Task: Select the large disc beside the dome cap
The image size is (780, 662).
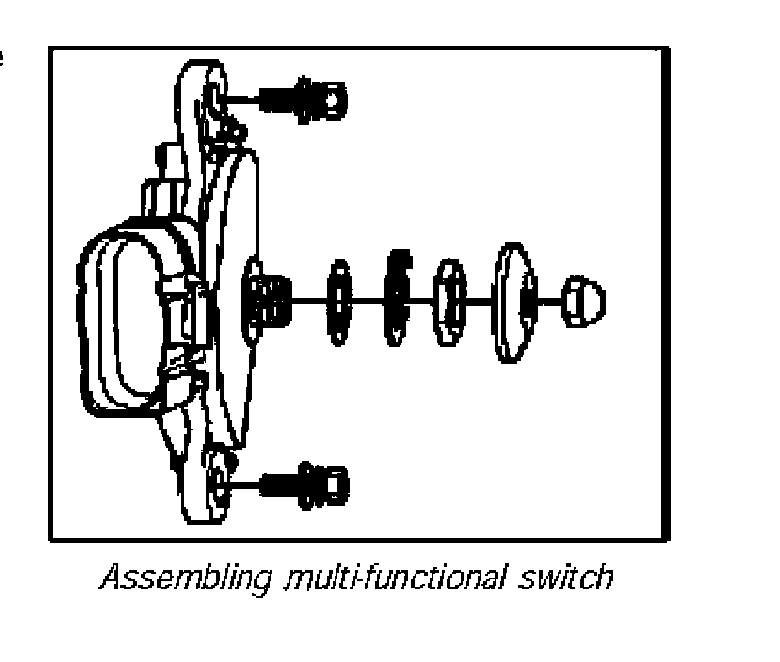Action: (514, 301)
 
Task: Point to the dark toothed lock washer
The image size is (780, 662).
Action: (397, 298)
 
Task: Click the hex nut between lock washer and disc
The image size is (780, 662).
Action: (449, 299)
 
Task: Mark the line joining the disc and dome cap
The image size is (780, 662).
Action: (551, 300)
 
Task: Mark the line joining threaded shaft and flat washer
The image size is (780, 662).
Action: (306, 299)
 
